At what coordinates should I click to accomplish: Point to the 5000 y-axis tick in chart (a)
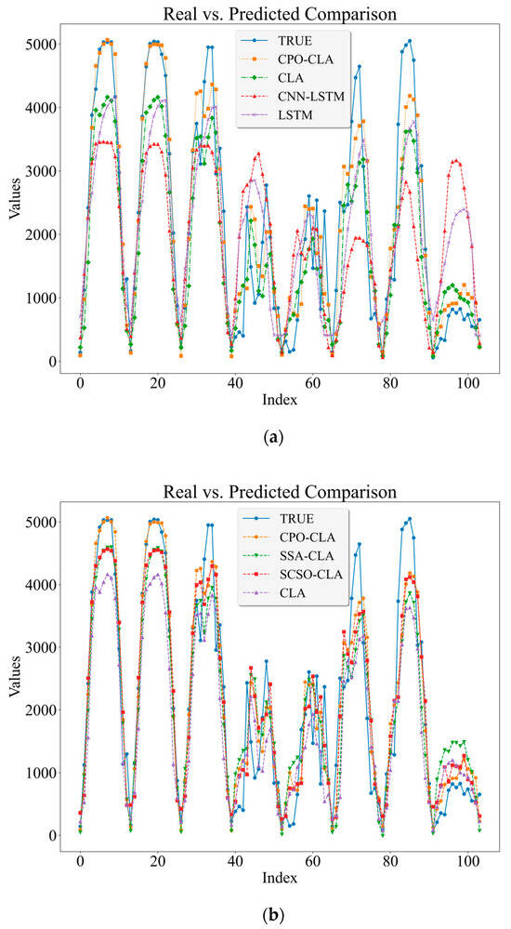pos(42,45)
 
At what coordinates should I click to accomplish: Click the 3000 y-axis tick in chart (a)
pos(42,171)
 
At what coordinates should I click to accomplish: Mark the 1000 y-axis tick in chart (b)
pos(42,773)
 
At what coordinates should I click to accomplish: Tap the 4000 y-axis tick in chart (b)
pos(42,585)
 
